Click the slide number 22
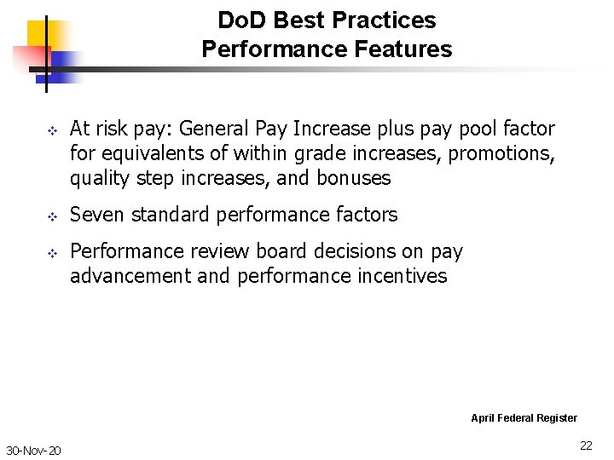coord(586,446)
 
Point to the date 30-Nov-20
coord(33,450)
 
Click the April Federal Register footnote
coord(524,417)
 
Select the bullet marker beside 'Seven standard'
coord(50,216)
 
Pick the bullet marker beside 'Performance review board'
coord(50,253)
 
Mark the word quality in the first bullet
coord(97,178)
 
